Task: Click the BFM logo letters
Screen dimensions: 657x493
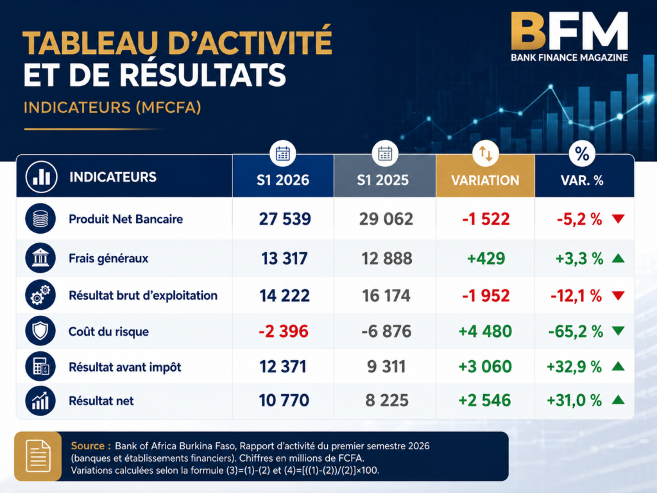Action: coord(569,31)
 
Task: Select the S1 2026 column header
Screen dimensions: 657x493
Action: coord(283,180)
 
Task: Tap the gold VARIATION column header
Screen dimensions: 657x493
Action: coord(485,180)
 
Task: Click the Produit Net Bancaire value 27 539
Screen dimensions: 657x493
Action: coord(285,219)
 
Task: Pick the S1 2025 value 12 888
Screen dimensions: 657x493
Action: coord(387,258)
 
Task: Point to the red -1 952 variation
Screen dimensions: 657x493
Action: coord(486,295)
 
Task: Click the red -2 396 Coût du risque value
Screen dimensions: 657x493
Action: coord(283,331)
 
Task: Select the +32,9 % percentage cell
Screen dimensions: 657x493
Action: coord(574,367)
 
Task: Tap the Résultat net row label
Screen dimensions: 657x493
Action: coord(101,401)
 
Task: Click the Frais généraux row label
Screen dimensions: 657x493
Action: coord(108,258)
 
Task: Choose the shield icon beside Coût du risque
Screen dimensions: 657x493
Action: coord(40,331)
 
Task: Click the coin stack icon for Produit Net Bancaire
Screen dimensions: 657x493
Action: coord(40,218)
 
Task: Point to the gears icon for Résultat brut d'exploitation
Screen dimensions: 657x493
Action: coord(40,295)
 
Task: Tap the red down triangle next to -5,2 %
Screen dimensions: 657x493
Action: coord(619,218)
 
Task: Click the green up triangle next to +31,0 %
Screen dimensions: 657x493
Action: coord(619,400)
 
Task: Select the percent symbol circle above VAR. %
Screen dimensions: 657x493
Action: coord(582,154)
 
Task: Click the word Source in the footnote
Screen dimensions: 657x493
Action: coord(87,445)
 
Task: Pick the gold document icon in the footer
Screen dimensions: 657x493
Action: coord(38,456)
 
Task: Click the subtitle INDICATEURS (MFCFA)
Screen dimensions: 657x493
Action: coord(112,107)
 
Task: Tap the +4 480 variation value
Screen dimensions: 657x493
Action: coord(485,331)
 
